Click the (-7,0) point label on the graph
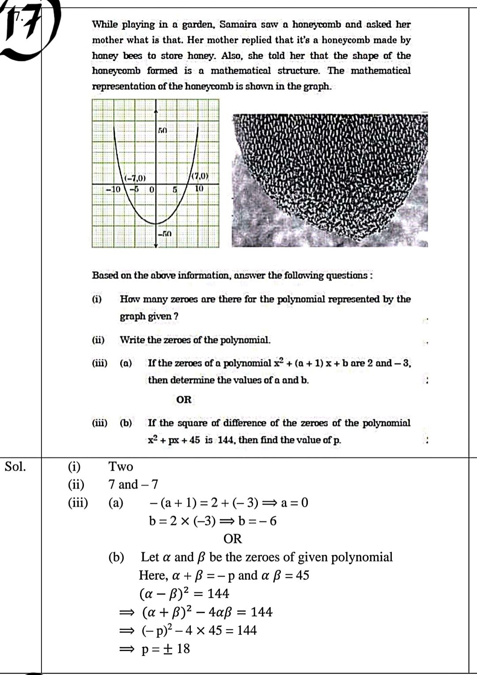point(135,178)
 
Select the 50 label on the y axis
point(163,131)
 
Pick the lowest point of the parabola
point(155,224)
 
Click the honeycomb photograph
point(329,180)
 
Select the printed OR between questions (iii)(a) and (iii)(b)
point(184,400)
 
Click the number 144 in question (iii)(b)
point(227,440)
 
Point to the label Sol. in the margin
point(15,467)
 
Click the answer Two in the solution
point(121,467)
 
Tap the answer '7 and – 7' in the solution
point(133,485)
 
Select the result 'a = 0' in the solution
point(295,503)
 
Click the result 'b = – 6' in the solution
point(257,521)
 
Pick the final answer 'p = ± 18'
point(166,649)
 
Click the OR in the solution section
point(233,539)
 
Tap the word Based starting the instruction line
point(105,275)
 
